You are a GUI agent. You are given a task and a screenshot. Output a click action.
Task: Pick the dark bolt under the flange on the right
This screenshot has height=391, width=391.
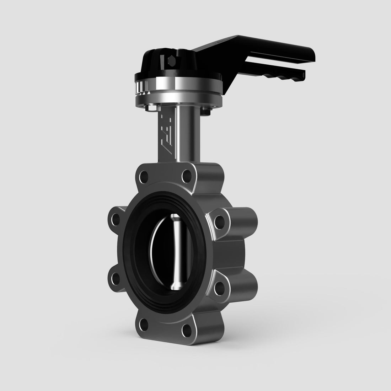tap(205, 112)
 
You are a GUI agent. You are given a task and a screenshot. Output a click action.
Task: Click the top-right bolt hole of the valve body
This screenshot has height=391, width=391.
tap(186, 176)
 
